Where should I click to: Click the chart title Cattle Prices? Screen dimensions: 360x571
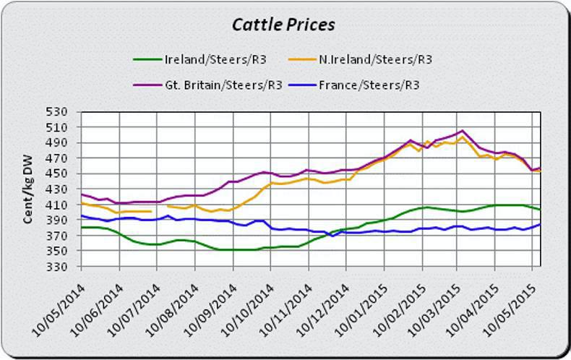[x=283, y=25]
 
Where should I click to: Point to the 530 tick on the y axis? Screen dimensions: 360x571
[x=57, y=112]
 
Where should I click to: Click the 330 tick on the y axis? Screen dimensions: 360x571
[x=57, y=267]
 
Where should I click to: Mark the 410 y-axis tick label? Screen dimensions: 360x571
[x=57, y=205]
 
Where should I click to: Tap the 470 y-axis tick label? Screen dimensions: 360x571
[x=57, y=158]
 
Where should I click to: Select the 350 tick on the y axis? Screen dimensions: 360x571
[x=57, y=252]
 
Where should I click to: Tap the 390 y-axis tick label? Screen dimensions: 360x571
[x=57, y=220]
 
